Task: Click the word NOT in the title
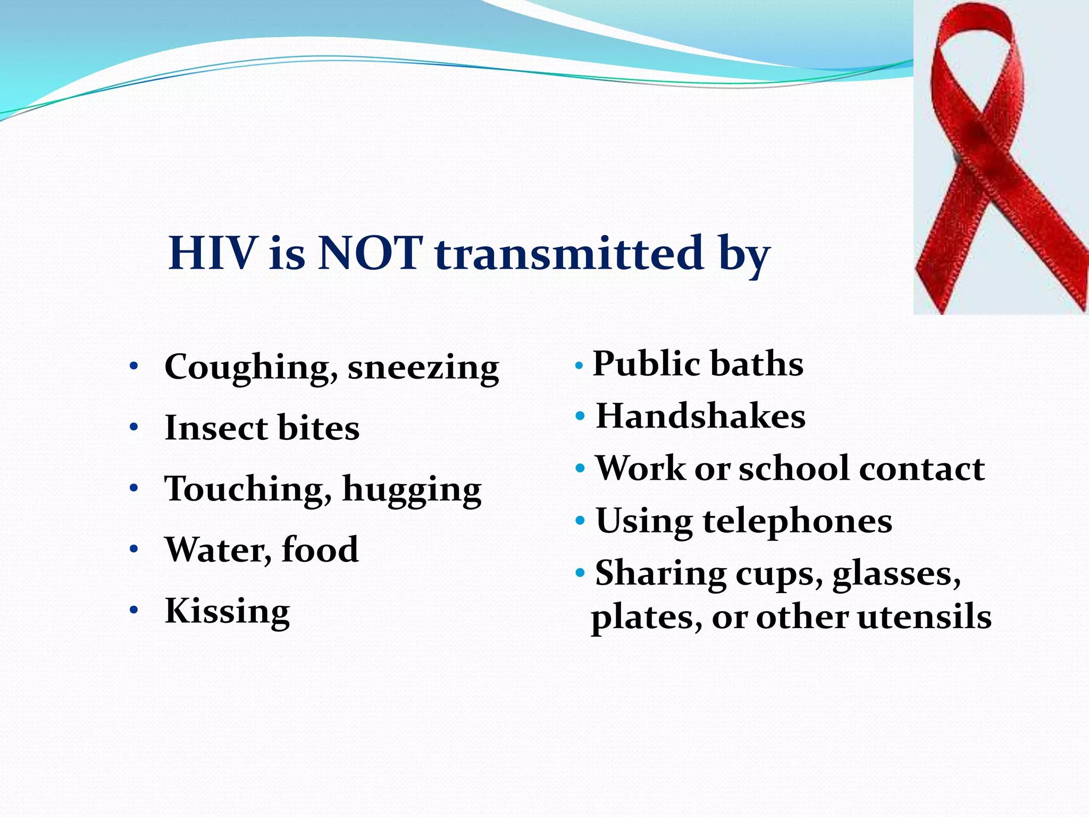coord(371,253)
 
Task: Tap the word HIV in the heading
coord(212,253)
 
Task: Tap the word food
coord(320,549)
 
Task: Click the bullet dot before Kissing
coord(134,610)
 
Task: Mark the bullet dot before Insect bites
coord(134,427)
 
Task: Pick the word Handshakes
coord(700,416)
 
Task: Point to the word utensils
coord(924,617)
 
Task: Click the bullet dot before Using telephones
coord(580,520)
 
